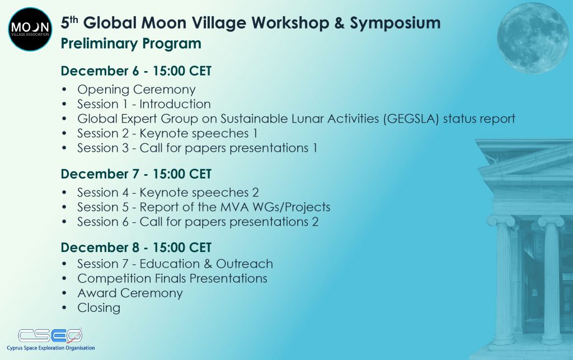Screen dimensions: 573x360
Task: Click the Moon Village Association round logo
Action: [30, 29]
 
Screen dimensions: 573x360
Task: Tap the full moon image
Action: [533, 38]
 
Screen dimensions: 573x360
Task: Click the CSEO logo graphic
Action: [50, 335]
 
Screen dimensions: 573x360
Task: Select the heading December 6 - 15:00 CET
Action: [136, 71]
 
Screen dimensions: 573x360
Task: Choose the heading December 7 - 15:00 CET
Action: [136, 174]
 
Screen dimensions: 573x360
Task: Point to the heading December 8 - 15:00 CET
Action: [136, 247]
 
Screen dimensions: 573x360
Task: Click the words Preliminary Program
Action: [131, 44]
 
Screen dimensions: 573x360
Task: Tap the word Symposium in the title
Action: [395, 24]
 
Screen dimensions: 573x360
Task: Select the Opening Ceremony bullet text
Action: [137, 90]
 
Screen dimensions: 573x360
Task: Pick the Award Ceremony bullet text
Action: [130, 293]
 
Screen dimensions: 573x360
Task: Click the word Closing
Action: [98, 308]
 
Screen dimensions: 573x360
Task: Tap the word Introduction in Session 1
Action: [175, 104]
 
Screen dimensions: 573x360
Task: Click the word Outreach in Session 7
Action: [245, 264]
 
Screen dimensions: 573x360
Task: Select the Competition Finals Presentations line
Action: [172, 278]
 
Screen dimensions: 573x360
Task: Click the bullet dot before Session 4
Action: [65, 193]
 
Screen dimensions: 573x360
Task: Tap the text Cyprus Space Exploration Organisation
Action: [51, 348]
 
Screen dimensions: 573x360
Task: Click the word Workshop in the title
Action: [290, 24]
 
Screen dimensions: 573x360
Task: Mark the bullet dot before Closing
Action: [65, 308]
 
